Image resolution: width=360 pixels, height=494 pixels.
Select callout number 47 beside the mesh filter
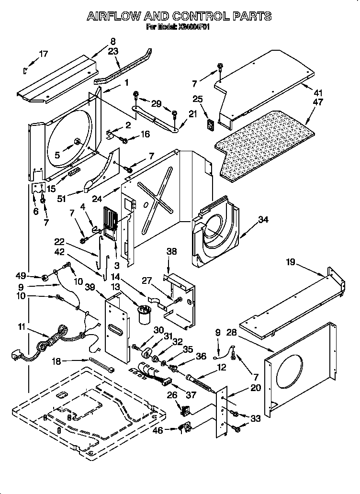point(317,102)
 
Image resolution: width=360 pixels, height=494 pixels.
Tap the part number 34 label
point(263,220)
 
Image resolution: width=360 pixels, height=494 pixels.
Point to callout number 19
point(291,262)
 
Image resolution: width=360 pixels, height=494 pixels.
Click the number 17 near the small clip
point(43,54)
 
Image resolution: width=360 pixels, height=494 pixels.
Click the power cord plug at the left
point(16,356)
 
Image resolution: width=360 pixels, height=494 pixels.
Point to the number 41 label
point(318,93)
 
